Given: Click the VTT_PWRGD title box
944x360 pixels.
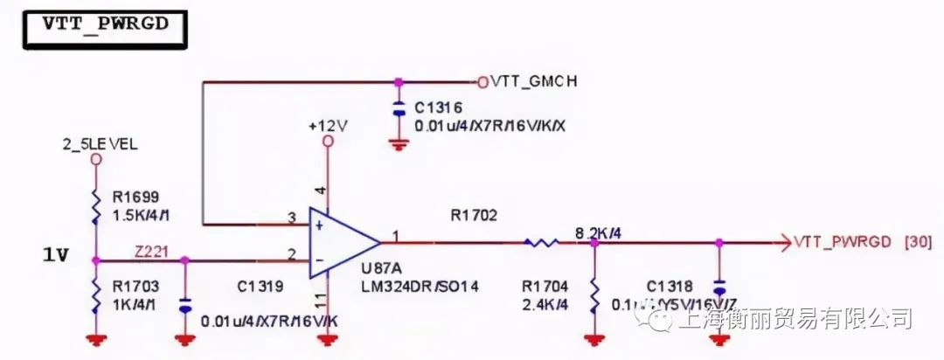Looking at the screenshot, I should pyautogui.click(x=106, y=25).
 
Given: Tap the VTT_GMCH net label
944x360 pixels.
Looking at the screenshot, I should pyautogui.click(x=534, y=81).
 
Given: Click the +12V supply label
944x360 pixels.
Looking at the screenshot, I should pyautogui.click(x=328, y=125).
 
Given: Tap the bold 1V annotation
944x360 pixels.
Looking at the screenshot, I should pyautogui.click(x=55, y=256).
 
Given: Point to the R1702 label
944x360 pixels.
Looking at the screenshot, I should pyautogui.click(x=474, y=214).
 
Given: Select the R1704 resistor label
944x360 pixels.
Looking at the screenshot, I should pyautogui.click(x=545, y=285).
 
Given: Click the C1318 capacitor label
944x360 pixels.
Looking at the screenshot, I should pyautogui.click(x=670, y=285).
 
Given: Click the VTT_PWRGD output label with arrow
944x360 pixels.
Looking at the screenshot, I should pyautogui.click(x=842, y=242).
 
